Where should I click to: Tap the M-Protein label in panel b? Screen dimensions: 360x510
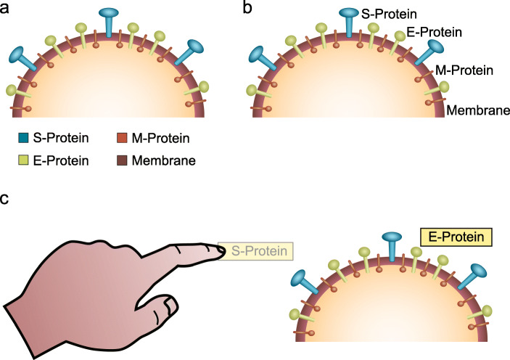coord(464,71)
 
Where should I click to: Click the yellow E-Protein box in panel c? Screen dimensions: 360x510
coord(456,237)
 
